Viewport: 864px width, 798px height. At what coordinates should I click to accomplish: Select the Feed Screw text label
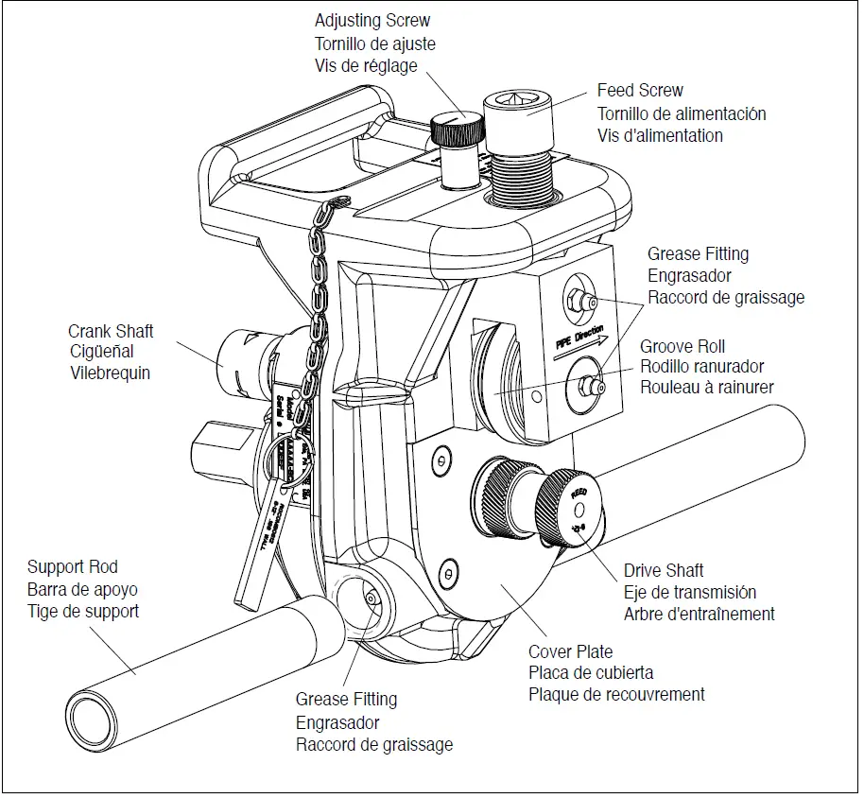(640, 91)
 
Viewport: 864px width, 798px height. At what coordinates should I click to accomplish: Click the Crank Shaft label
(111, 331)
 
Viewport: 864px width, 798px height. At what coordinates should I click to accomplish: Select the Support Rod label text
(73, 566)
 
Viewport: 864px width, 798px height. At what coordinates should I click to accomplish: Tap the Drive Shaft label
(664, 571)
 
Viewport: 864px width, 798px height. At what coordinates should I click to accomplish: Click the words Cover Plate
(570, 651)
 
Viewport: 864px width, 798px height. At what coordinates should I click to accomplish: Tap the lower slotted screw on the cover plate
(449, 571)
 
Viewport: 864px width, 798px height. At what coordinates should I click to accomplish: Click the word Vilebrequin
(109, 373)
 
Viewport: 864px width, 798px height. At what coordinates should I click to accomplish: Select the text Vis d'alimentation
(660, 135)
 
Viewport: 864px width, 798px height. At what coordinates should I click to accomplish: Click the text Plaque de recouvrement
(616, 694)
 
